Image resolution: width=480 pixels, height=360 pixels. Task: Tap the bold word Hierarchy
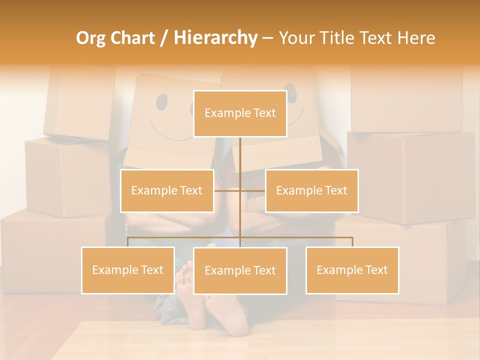[x=215, y=38]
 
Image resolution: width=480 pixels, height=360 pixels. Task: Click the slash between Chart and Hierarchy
[x=164, y=38]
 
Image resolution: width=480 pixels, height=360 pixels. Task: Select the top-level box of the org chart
[x=240, y=113]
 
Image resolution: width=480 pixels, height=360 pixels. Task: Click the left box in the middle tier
[x=167, y=190]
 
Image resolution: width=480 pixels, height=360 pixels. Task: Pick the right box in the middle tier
[x=311, y=190]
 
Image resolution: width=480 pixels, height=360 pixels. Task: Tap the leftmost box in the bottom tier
[x=128, y=270]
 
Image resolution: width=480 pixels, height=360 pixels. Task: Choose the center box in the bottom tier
[x=240, y=270]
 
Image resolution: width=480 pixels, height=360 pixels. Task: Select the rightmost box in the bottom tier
[x=352, y=270]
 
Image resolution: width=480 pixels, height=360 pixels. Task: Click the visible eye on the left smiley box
[x=162, y=102]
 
